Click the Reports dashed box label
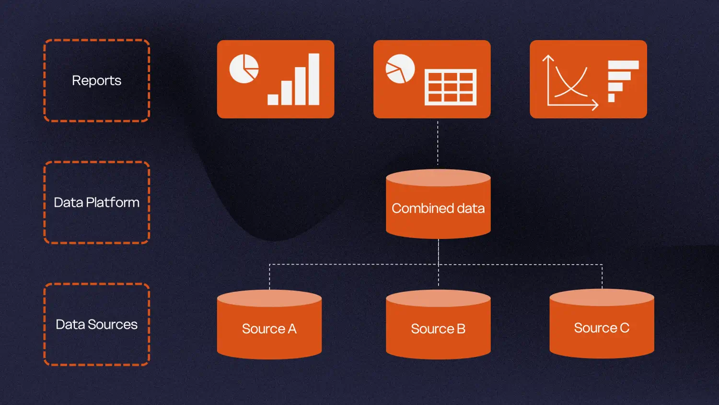(96, 81)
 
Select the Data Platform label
(96, 202)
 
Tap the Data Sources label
(96, 324)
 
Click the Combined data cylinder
(438, 209)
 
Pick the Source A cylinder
(269, 329)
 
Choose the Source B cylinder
(438, 329)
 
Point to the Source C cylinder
(602, 328)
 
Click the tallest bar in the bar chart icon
(314, 79)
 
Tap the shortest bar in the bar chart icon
(273, 99)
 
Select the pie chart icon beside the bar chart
(244, 69)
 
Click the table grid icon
(451, 87)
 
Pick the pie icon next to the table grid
(400, 69)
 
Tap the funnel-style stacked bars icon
(622, 81)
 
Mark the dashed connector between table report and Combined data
(438, 143)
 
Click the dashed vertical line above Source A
(269, 277)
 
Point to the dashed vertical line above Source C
(602, 276)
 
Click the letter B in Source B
(461, 329)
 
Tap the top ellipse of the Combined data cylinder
(438, 178)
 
